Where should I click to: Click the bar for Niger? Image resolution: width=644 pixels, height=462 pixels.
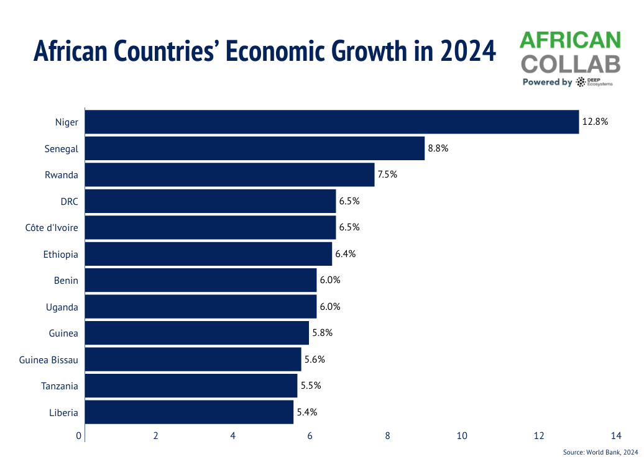coord(331,122)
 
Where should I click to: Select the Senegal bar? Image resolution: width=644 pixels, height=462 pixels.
coord(254,148)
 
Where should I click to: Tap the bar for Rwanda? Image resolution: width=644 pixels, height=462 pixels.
coord(229,174)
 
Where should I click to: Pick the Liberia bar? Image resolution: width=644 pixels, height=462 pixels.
coord(189,412)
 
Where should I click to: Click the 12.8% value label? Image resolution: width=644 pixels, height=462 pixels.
coord(595,122)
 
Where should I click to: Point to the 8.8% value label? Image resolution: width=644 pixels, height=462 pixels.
coord(438,148)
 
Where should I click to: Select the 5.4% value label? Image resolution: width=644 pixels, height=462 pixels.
coord(306,412)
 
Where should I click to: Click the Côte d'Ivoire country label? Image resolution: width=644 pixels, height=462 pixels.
coord(52,227)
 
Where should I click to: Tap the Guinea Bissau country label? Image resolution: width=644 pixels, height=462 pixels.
coord(48,360)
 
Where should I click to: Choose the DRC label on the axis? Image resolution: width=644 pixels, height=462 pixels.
coord(68,201)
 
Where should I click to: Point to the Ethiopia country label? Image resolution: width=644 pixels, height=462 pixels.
coord(61,254)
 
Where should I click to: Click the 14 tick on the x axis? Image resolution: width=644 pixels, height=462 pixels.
coord(616,436)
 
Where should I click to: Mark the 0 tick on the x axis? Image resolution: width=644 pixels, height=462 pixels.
coord(79,436)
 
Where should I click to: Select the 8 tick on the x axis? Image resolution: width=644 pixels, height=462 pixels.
coord(387,436)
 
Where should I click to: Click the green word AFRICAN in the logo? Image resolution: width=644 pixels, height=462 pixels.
coord(570,41)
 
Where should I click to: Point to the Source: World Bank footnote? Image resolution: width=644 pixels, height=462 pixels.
coord(600,452)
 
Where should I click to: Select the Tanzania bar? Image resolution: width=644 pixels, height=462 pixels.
coord(191,386)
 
